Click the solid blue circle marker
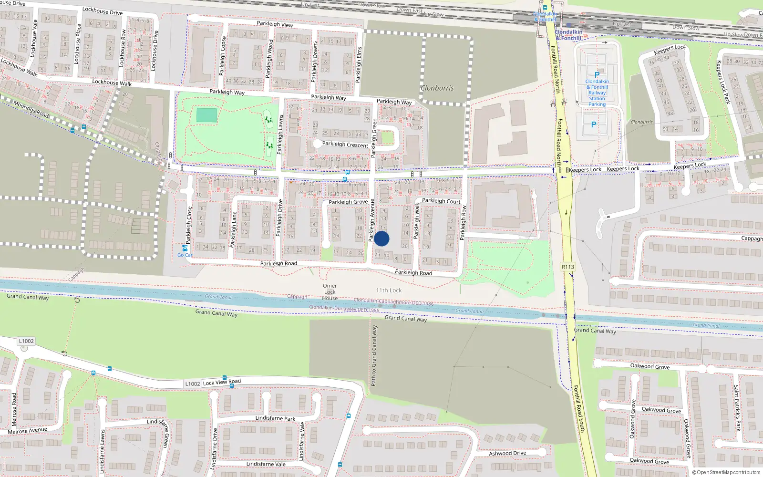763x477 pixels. [381, 238]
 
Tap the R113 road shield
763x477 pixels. [567, 267]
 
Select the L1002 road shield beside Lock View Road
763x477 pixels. [193, 384]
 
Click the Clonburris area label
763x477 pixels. [437, 88]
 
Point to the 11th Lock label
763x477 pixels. [389, 290]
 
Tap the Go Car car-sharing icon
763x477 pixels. [185, 249]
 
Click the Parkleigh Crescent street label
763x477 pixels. [345, 144]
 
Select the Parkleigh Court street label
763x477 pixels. [441, 201]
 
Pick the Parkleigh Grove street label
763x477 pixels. [348, 202]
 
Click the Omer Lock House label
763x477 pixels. [330, 292]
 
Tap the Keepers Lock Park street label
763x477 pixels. [723, 82]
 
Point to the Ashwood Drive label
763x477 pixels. [507, 453]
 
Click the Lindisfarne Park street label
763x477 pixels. [275, 418]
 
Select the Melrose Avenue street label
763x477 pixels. [27, 431]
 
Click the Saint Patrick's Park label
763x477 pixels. [737, 408]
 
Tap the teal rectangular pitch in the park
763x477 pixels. [206, 115]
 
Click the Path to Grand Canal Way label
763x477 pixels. [374, 355]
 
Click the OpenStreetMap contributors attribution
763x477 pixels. [726, 472]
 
